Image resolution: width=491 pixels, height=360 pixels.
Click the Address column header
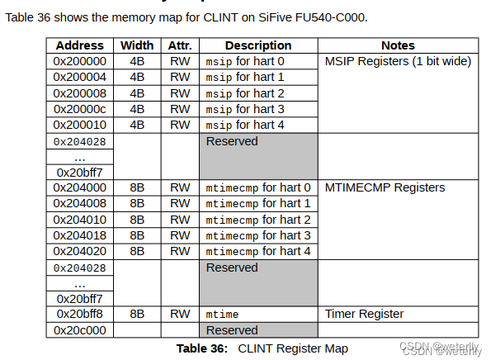click(x=79, y=45)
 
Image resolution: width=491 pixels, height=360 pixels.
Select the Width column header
click(x=137, y=45)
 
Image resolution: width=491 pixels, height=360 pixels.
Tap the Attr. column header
click(x=180, y=45)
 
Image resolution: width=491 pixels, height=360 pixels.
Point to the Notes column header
click(x=398, y=45)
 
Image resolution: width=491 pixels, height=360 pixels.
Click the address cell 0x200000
click(x=79, y=61)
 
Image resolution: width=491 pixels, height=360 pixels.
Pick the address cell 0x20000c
click(x=79, y=109)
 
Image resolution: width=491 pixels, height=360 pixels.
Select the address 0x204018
click(x=79, y=235)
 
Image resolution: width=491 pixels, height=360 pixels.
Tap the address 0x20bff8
click(x=79, y=314)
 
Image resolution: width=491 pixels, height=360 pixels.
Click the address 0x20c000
click(x=79, y=330)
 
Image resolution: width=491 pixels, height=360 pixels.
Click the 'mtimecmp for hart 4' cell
click(x=258, y=251)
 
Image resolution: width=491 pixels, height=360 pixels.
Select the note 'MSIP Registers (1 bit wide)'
click(x=397, y=61)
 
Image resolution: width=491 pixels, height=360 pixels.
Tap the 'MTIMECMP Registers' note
click(x=385, y=187)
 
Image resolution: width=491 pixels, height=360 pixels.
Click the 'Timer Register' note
click(x=364, y=314)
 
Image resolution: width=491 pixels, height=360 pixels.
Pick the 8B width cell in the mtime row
click(x=137, y=314)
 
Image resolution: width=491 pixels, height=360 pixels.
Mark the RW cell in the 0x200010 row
click(x=180, y=125)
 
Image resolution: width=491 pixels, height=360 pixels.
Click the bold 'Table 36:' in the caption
click(x=202, y=348)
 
